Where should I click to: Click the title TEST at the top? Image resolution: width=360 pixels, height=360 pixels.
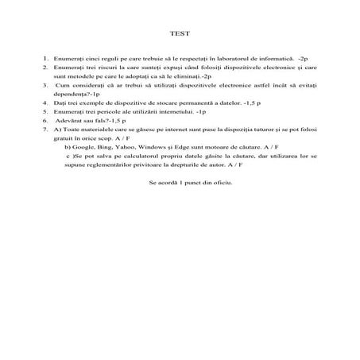[180, 33]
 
